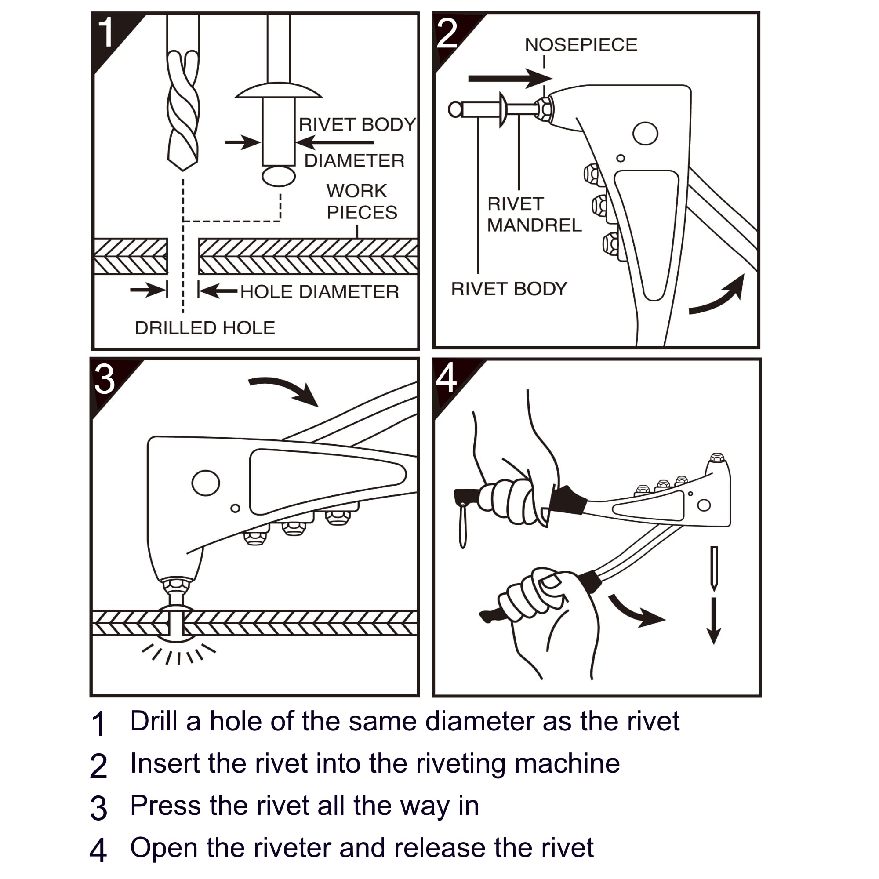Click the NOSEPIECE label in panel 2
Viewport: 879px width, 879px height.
(581, 44)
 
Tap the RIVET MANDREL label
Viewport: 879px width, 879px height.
(534, 214)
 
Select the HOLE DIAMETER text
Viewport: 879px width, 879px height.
(320, 292)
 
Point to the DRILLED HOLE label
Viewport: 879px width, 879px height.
(205, 327)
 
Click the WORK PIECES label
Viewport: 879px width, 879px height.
(362, 202)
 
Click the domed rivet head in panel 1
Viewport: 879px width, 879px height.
(279, 90)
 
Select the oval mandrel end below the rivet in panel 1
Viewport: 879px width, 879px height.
(279, 176)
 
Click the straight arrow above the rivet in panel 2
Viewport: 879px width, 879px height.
(510, 79)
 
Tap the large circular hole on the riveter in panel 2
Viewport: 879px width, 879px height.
(645, 133)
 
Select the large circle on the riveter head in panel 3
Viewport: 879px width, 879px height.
(206, 483)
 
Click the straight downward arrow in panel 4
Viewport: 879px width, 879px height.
(714, 621)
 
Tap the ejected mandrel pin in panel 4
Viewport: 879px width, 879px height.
(714, 568)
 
